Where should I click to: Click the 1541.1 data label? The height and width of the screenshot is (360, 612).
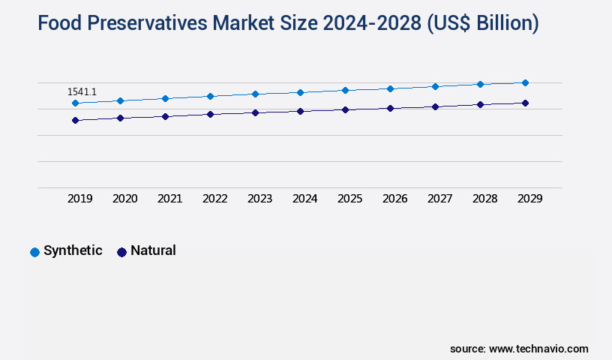pyautogui.click(x=82, y=91)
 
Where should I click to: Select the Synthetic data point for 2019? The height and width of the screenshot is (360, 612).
pyautogui.click(x=75, y=103)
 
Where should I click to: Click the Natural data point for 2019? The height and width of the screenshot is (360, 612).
pyautogui.click(x=75, y=120)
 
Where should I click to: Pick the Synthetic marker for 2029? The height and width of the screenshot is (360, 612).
pyautogui.click(x=525, y=82)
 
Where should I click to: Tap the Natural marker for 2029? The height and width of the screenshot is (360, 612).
pyautogui.click(x=525, y=103)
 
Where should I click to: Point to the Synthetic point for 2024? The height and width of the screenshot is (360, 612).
pyautogui.click(x=300, y=92)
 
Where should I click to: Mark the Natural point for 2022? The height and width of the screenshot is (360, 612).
pyautogui.click(x=210, y=114)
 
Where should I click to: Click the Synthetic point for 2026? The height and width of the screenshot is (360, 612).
pyautogui.click(x=390, y=88)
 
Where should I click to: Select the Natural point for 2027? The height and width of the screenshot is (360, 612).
pyautogui.click(x=435, y=106)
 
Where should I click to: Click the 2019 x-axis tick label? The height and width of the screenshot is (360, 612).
pyautogui.click(x=80, y=199)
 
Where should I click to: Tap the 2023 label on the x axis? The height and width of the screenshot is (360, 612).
pyautogui.click(x=259, y=199)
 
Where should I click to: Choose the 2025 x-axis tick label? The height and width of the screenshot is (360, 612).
pyautogui.click(x=349, y=199)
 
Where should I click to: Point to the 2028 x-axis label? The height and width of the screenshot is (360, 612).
pyautogui.click(x=484, y=199)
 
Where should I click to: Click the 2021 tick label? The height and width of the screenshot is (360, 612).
pyautogui.click(x=169, y=199)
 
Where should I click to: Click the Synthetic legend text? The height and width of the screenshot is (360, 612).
pyautogui.click(x=73, y=250)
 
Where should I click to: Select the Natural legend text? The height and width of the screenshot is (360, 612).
pyautogui.click(x=153, y=250)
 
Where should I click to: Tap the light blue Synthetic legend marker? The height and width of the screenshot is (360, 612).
pyautogui.click(x=34, y=252)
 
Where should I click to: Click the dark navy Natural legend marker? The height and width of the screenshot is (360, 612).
pyautogui.click(x=121, y=252)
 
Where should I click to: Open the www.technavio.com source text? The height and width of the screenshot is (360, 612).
pyautogui.click(x=538, y=349)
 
